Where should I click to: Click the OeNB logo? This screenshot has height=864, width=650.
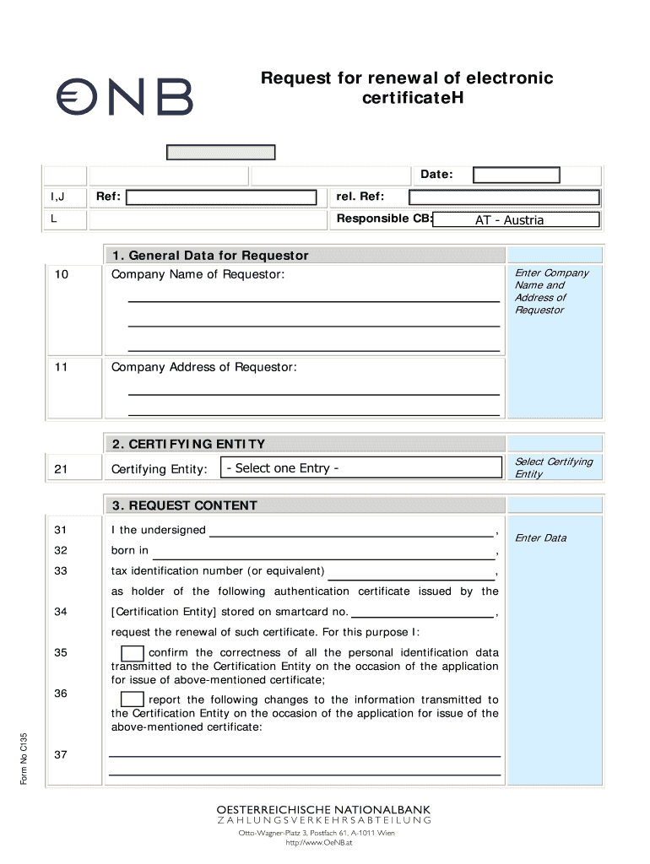(124, 96)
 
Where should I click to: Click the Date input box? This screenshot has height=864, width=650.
(517, 175)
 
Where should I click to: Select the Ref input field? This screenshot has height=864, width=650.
(220, 197)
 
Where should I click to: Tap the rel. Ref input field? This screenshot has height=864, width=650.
(504, 197)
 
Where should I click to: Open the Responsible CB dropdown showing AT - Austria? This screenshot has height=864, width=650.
(516, 220)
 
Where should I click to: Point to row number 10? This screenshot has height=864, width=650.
(60, 275)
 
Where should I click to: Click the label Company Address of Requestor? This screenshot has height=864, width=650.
(204, 367)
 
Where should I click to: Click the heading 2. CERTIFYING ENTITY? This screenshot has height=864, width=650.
(188, 444)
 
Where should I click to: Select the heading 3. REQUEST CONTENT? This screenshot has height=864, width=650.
(185, 505)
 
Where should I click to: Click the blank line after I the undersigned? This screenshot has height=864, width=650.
(351, 532)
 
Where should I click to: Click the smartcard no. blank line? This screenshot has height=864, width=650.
(422, 613)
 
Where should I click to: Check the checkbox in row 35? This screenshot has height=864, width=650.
(132, 654)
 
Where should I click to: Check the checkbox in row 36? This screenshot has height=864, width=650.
(132, 699)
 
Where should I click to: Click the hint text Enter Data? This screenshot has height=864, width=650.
(541, 538)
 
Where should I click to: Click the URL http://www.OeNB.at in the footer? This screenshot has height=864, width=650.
(325, 842)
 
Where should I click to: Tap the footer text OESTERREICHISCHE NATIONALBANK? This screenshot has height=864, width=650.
(325, 808)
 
